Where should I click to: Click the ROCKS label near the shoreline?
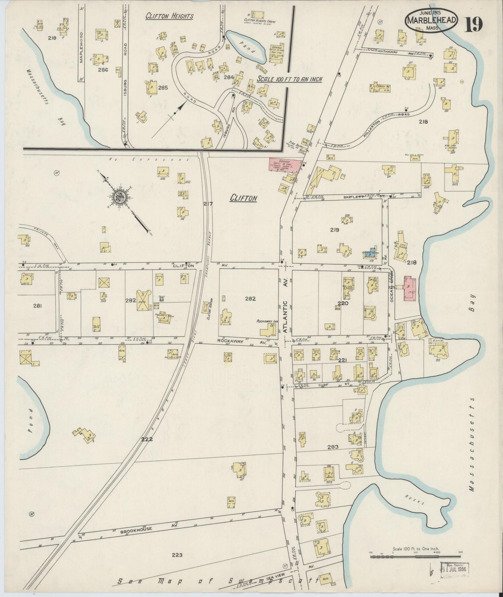[x=415, y=500]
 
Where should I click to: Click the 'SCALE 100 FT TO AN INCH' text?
[x=289, y=79]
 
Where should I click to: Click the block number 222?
[x=147, y=439]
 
